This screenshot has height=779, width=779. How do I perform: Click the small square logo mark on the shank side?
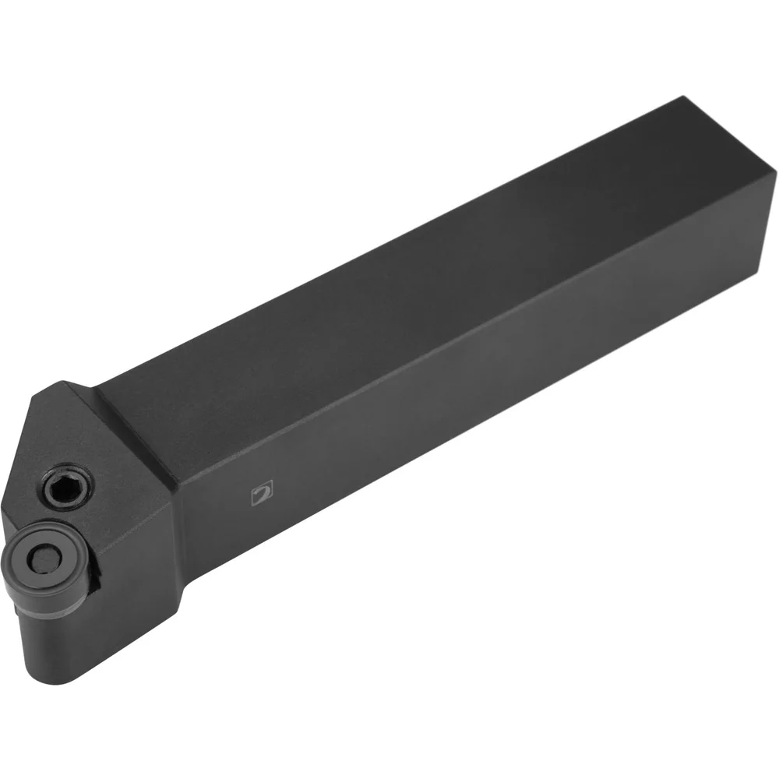tap(263, 493)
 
